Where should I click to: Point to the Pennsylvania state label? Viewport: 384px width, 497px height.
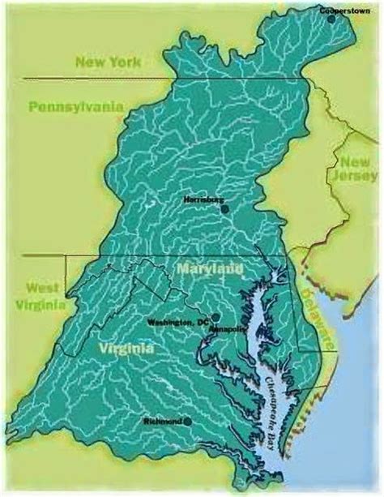pos(75,106)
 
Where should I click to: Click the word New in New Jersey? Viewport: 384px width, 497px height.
pos(354,162)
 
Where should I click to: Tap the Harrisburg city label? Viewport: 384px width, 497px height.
pos(202,198)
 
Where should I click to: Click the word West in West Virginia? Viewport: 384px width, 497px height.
pos(41,289)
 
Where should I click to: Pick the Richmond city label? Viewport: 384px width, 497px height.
pos(161,421)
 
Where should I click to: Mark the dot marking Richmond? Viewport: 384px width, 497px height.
pos(187,421)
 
